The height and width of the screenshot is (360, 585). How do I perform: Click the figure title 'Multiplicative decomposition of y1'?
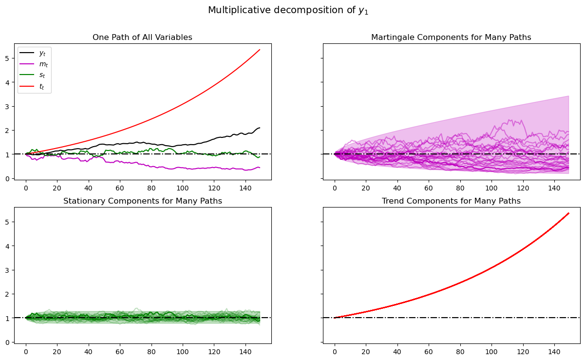pos(288,10)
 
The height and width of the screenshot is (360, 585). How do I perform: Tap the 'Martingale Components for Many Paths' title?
pos(451,38)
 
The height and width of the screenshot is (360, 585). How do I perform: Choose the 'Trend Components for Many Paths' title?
pos(451,201)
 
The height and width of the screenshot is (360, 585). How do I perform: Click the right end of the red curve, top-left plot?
pos(260,50)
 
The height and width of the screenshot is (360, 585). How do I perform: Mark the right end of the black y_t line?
pos(260,128)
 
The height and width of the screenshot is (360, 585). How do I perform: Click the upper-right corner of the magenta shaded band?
pos(568,96)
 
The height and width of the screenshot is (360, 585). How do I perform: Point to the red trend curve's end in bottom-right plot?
pos(568,213)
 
